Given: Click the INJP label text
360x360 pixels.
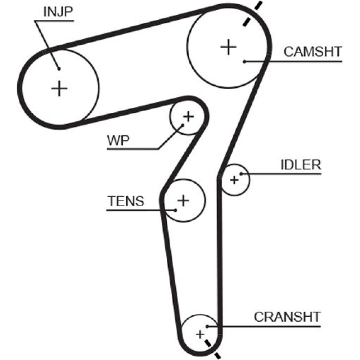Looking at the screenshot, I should [58, 12].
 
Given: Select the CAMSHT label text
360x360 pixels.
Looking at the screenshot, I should [312, 52].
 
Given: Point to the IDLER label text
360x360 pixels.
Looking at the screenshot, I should [301, 165].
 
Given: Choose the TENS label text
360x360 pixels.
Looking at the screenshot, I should [126, 201].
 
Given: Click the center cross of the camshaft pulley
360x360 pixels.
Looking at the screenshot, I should [228, 47].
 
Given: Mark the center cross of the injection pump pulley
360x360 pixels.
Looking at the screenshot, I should [59, 88].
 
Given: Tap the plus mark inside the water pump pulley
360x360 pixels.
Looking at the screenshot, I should [188, 116].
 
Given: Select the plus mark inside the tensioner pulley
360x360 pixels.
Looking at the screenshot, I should [184, 200].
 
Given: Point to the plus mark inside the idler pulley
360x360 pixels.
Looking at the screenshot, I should [234, 179].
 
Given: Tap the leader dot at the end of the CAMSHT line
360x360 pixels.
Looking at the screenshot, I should [244, 62].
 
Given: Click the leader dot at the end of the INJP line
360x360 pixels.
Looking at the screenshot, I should [58, 69].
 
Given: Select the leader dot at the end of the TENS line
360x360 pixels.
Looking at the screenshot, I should [175, 210].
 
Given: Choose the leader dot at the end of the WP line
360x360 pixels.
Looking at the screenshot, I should [183, 125].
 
